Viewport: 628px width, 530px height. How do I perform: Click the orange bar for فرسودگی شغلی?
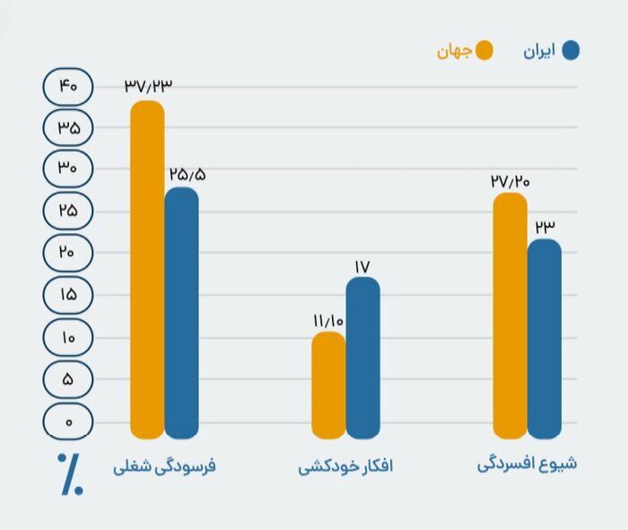(147, 269)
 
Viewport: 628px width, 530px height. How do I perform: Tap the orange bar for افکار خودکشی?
(328, 385)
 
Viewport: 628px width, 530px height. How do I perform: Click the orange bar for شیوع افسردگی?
(510, 315)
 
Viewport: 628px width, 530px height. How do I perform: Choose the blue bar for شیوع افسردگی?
(545, 338)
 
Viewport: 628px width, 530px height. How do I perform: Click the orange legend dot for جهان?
(484, 50)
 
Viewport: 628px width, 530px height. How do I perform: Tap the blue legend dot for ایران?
(569, 50)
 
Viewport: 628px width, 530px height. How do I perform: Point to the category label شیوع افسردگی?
(526, 465)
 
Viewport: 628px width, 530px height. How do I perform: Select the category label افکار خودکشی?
(346, 467)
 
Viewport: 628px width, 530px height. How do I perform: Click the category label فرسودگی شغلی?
(165, 467)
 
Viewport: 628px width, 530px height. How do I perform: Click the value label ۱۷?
(362, 266)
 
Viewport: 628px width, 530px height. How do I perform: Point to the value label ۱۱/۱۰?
(328, 321)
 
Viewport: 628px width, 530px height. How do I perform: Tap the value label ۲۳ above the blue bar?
(545, 226)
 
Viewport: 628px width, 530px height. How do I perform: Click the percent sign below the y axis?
(71, 474)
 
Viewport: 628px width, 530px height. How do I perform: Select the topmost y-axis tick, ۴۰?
(67, 86)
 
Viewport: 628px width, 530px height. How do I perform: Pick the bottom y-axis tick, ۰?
(67, 421)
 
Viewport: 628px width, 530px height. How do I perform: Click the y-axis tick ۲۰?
(67, 253)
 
